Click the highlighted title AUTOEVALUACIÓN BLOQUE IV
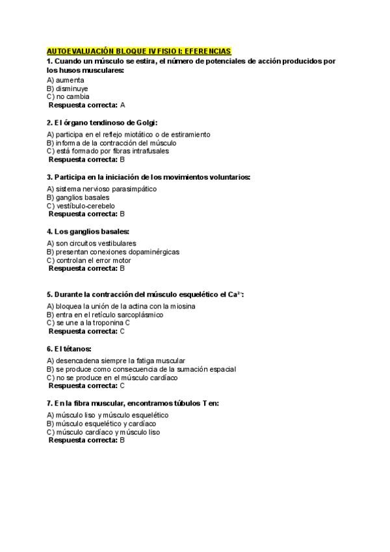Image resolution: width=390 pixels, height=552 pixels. pos(138,51)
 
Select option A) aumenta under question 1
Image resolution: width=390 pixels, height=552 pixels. pos(66,80)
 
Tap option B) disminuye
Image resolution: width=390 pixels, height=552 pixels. pos(68,89)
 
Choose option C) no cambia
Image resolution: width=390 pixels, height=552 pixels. pos(68,96)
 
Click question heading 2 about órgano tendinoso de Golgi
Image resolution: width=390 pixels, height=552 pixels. pos(102,122)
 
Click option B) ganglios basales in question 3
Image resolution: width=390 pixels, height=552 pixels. pos(78,197)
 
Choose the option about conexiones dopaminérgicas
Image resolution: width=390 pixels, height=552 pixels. pos(113,252)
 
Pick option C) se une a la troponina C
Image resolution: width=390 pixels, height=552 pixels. pos(88,323)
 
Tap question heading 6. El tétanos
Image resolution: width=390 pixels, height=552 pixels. pos(70,349)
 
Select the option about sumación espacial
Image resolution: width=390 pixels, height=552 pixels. pos(141,369)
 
